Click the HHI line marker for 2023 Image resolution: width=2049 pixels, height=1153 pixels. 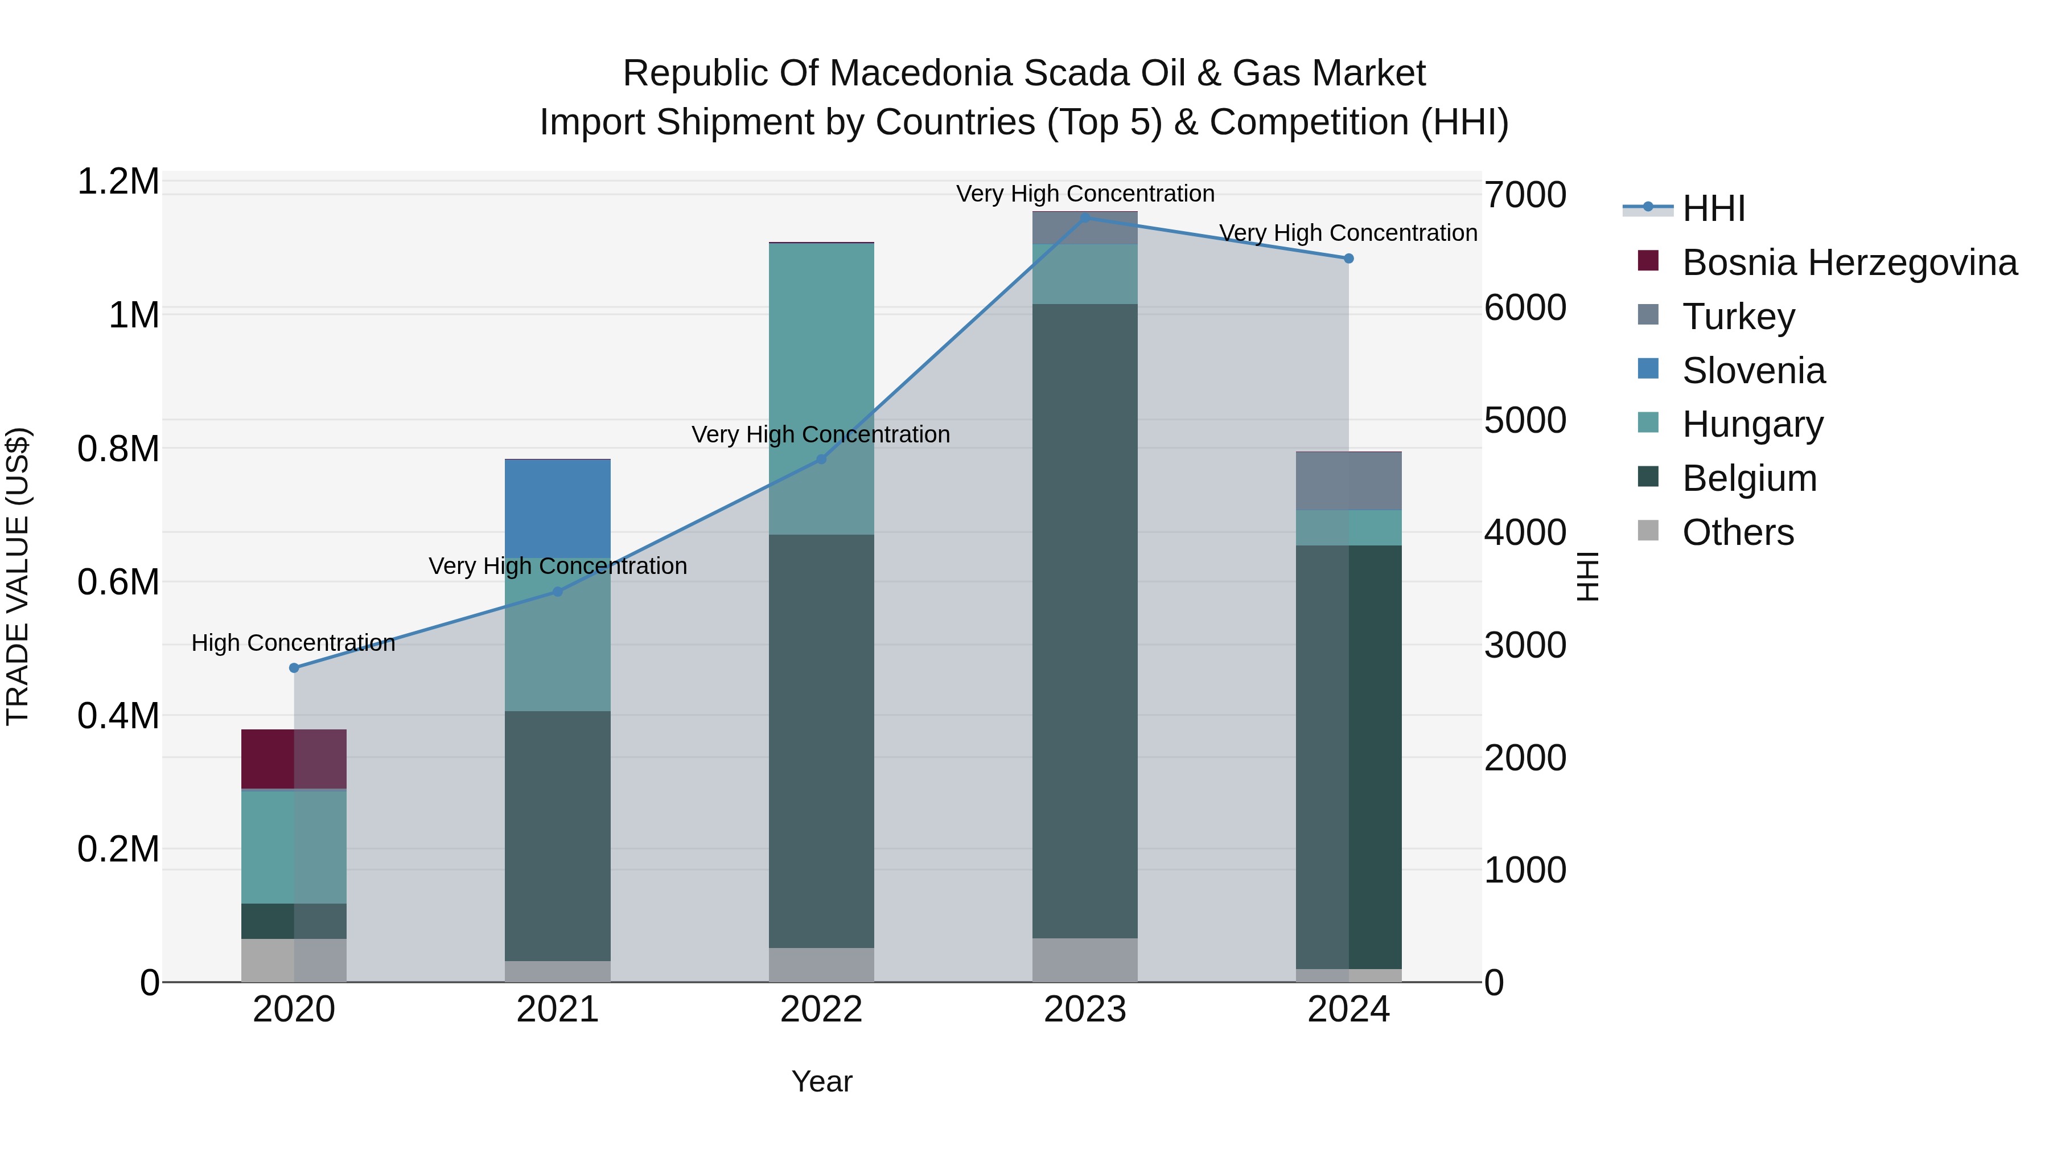(x=1085, y=218)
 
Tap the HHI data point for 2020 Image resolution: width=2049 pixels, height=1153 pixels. (x=294, y=668)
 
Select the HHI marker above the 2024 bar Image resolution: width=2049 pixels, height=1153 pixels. (x=1348, y=258)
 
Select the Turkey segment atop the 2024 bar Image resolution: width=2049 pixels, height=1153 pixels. (x=1348, y=481)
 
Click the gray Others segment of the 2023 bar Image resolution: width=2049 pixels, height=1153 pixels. (x=1085, y=959)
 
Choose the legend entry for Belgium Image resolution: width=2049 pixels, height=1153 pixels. (x=1748, y=478)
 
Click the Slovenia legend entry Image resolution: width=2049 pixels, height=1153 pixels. (x=1752, y=371)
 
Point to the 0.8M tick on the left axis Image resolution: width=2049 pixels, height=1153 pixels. (x=118, y=449)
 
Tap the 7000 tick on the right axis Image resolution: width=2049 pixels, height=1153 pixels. (x=1525, y=195)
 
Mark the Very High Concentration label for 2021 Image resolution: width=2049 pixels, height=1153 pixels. (x=558, y=566)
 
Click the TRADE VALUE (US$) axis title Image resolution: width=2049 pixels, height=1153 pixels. (x=18, y=576)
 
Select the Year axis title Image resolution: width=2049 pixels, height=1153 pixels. (x=822, y=1081)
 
